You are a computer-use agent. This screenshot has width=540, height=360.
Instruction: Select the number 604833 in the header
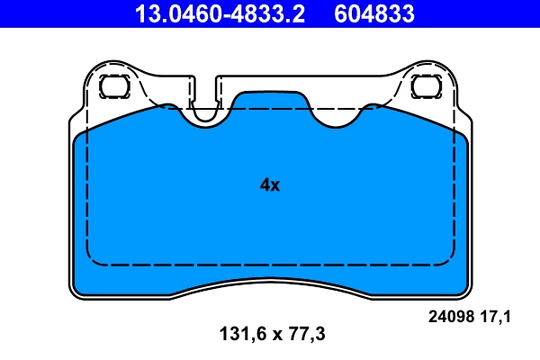(374, 13)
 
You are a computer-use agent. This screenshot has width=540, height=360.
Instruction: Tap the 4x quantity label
(270, 185)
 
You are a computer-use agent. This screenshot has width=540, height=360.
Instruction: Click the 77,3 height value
(305, 334)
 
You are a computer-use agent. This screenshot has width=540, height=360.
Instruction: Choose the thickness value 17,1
(497, 316)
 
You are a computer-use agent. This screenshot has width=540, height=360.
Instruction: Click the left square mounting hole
(113, 86)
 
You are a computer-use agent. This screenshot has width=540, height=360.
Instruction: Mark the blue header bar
(270, 13)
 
